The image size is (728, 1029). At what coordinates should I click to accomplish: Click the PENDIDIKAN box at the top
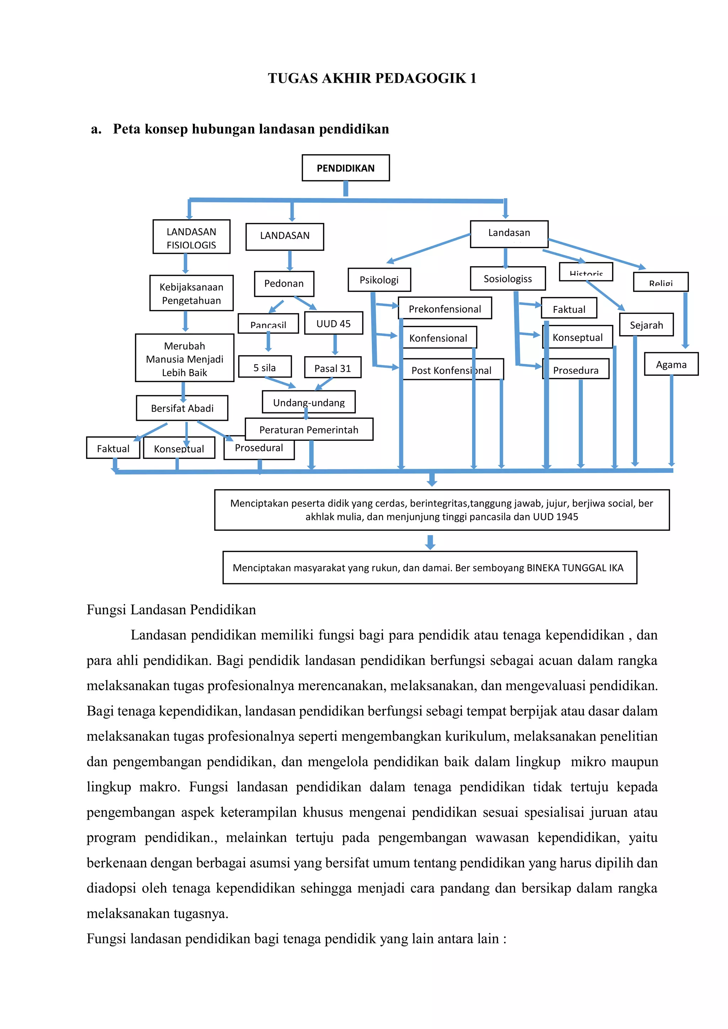pos(346,168)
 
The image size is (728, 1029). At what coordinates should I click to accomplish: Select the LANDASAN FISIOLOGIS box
pos(191,237)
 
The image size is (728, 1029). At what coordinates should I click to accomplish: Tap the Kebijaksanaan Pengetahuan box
pos(191,293)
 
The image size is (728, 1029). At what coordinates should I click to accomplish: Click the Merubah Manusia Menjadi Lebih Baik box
pos(185,358)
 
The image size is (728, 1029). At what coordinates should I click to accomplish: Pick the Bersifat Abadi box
pos(182,408)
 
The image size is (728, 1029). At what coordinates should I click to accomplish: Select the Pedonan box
pos(284,284)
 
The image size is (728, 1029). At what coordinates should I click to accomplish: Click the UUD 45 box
pos(333,323)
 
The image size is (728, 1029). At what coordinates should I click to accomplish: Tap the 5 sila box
pos(264,367)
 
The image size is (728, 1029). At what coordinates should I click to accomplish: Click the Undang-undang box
pos(309,402)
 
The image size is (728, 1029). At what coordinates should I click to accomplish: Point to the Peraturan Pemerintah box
pos(309,429)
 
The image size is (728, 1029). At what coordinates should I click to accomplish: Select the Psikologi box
pos(379,280)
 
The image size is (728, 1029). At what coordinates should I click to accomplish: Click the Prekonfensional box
pos(445,308)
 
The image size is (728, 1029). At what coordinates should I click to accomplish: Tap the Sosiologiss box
pos(508,278)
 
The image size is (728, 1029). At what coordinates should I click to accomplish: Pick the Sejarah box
pos(646,325)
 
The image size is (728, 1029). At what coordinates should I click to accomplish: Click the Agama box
pos(671,364)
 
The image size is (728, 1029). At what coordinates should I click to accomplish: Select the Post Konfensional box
pos(451,370)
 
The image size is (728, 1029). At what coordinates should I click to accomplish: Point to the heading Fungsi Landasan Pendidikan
pos(171,610)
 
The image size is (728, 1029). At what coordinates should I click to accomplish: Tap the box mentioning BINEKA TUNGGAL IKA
pos(429,567)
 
